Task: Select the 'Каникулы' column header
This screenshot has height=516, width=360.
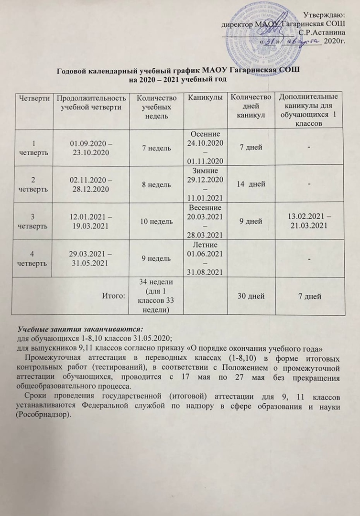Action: [207, 98]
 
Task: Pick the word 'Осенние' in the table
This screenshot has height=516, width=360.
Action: [207, 133]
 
